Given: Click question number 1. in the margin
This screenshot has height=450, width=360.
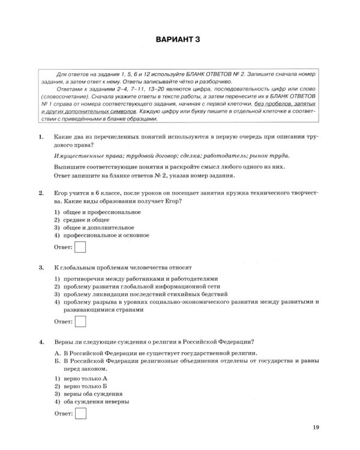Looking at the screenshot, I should [40, 137].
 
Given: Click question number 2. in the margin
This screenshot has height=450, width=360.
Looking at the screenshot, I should [40, 193].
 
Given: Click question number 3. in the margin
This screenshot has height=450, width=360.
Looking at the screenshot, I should [40, 266].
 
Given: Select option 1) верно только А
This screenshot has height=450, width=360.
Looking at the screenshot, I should [80, 379].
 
